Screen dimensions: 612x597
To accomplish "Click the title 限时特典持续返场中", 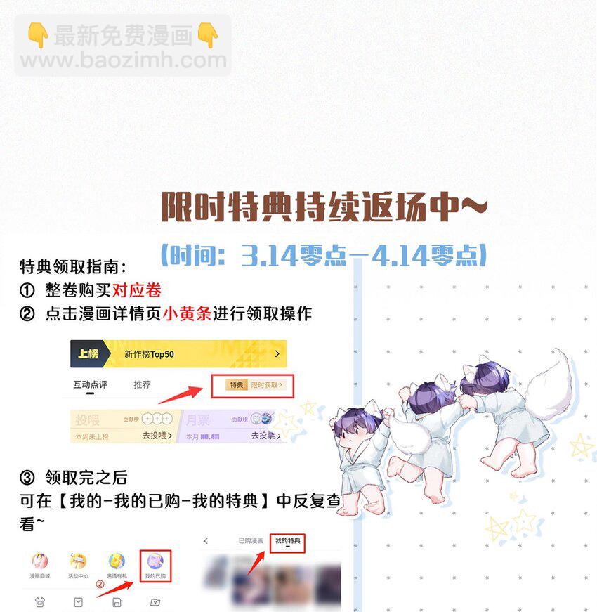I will point(324,207).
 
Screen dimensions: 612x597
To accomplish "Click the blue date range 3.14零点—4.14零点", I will point(324,254).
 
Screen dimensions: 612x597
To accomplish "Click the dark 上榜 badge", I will point(88,354).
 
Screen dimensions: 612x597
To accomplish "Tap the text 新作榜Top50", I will point(149,355).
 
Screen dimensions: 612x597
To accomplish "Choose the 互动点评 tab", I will point(90,385).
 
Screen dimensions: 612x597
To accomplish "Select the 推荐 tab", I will point(142,385).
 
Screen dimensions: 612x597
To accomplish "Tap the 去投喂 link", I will point(158,436).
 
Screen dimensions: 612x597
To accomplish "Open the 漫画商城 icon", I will point(39,565).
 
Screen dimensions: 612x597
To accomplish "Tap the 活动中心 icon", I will point(78,565).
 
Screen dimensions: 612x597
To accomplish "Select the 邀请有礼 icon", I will point(116,565).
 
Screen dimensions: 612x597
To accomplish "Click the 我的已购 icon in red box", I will point(155,566).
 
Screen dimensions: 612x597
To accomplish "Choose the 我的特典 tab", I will point(288,541).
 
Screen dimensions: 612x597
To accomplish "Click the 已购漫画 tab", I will point(251,540).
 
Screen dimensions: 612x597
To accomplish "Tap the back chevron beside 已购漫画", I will point(206,540).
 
